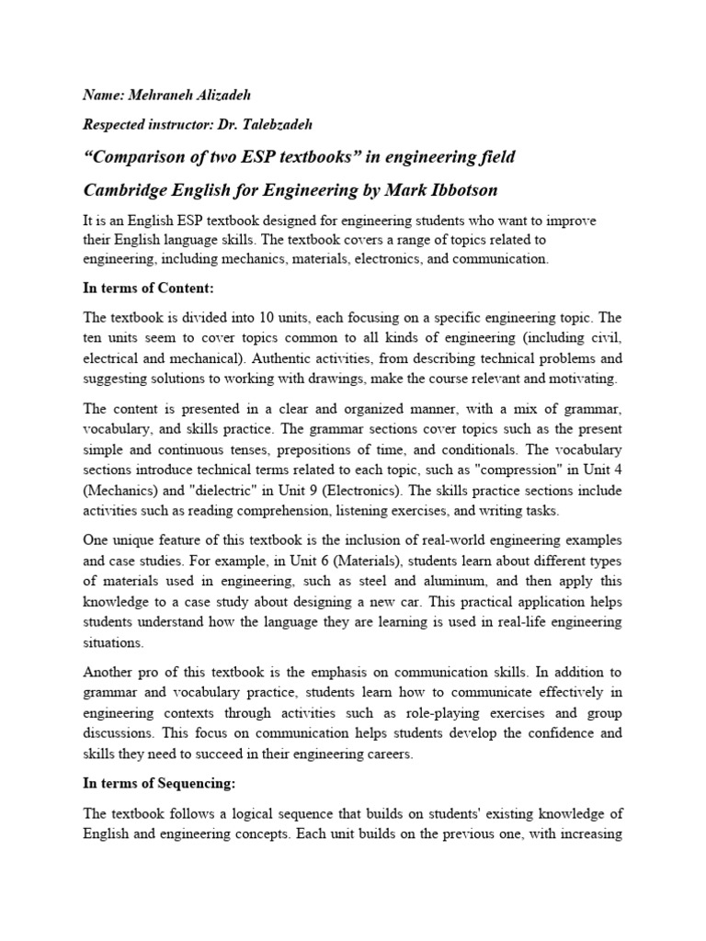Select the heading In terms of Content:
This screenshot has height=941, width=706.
point(148,289)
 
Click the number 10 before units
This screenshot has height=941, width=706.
point(256,317)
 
